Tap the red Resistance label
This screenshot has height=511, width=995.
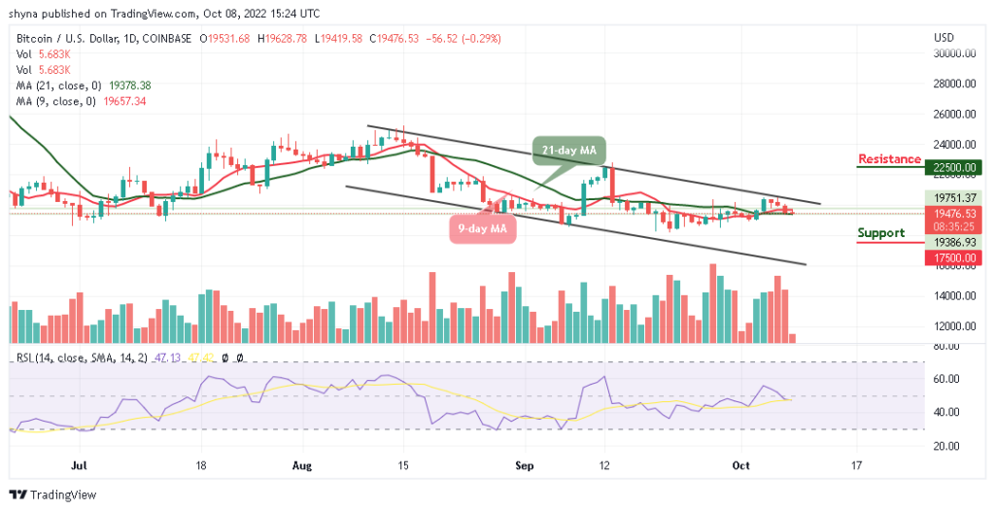889,159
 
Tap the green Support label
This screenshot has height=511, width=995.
881,233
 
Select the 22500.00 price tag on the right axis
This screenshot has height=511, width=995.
956,167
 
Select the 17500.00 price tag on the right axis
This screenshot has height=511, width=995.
956,258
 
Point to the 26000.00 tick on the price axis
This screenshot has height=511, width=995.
956,114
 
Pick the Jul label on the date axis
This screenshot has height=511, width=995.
81,465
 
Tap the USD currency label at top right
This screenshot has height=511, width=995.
943,38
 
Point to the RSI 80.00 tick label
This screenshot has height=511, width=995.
946,346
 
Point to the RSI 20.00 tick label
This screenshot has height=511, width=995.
946,446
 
